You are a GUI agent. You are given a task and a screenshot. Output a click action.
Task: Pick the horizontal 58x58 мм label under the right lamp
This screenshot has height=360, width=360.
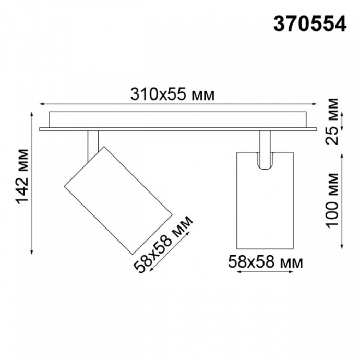265,262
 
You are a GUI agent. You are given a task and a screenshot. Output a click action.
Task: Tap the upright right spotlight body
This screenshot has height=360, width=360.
265,201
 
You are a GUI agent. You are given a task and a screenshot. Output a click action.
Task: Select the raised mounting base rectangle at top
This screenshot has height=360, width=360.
177,119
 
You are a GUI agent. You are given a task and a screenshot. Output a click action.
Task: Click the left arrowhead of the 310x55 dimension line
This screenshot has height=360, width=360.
42,103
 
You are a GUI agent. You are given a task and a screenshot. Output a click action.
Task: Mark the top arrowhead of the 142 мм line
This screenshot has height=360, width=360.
34,113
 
